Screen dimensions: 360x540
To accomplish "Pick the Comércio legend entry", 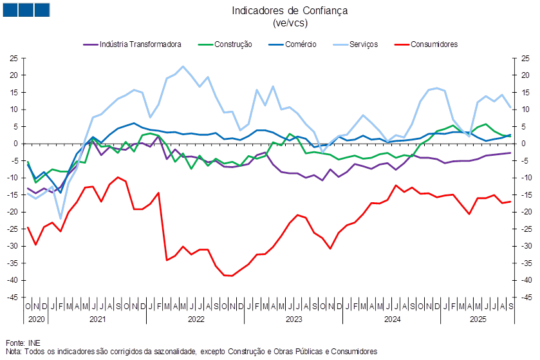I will coord(299,44).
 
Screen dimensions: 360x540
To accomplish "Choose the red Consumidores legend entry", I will coord(434,44).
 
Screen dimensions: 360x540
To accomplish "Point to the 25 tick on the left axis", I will coord(14,59).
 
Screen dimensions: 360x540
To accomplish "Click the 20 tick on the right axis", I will coord(526,75).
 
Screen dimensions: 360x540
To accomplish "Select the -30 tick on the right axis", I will coord(526,246).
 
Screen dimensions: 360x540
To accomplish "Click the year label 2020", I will coord(35,319).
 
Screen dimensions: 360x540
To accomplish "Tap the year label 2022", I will coord(196,319).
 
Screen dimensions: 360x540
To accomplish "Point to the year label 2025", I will coord(478,319).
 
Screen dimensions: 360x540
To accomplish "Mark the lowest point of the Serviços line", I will coord(61,218).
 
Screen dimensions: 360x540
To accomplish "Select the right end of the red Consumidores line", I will coord(511,202).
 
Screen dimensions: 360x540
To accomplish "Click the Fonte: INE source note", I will coord(19,343).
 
